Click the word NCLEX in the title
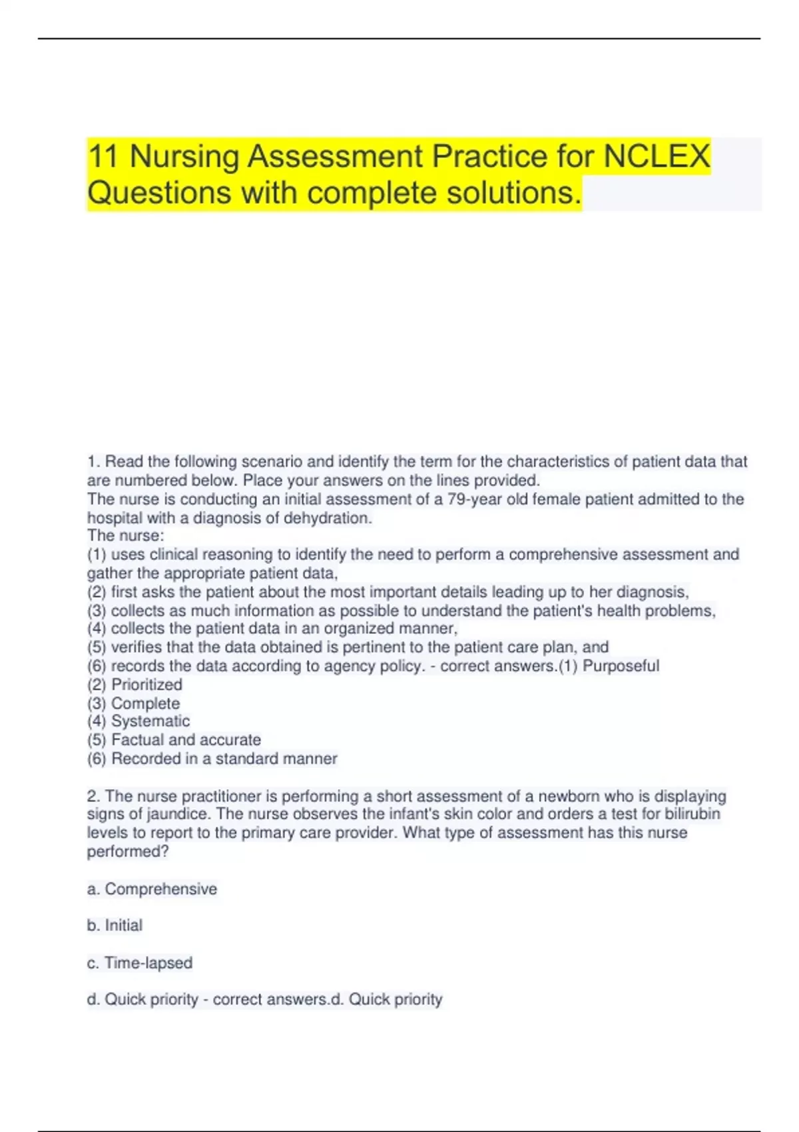657,157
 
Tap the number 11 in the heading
103,157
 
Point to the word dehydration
328,518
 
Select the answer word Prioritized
146,685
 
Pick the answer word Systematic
150,721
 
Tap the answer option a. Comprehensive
152,889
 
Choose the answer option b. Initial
115,926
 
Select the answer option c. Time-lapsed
140,963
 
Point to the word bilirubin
692,814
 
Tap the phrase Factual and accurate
186,740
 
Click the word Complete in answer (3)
145,703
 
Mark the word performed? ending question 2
128,852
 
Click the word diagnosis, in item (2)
652,592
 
